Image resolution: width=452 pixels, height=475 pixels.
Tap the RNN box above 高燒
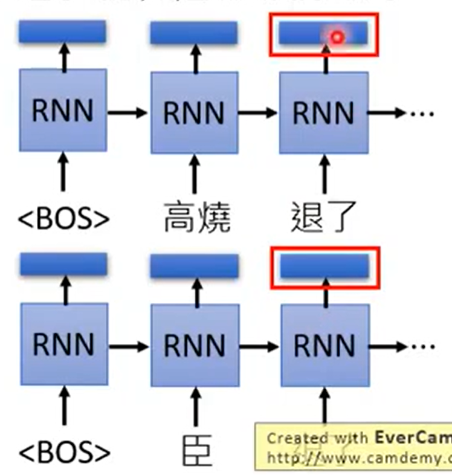point(193,111)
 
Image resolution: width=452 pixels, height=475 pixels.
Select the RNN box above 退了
point(323,111)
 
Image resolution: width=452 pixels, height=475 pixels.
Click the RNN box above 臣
point(194,344)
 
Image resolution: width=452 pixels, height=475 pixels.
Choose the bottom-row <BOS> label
point(64,451)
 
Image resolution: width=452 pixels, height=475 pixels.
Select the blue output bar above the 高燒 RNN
point(193,33)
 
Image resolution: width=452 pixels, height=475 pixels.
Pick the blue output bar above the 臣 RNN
point(194,266)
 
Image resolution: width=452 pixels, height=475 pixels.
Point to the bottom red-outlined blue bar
point(324,266)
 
